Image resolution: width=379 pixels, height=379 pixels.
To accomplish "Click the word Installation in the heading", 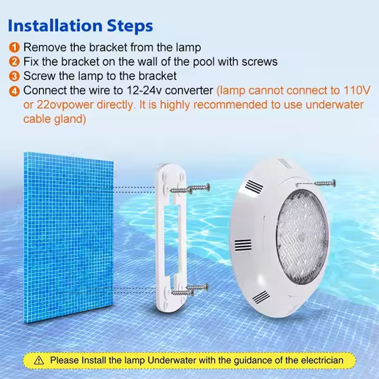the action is tap(55, 26).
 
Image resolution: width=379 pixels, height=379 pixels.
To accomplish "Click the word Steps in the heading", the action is tap(130, 26).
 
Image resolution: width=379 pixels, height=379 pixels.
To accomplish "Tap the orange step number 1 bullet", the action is tap(14, 47).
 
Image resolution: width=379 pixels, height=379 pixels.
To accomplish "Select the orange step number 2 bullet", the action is tap(14, 62).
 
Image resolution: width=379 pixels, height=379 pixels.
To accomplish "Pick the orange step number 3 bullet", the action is tap(14, 76).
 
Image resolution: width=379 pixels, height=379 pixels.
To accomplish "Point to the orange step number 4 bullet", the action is tap(14, 91).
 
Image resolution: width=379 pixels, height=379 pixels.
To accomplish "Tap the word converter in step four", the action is tap(189, 90).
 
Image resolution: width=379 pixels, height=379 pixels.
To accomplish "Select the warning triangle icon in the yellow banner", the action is tap(39, 361).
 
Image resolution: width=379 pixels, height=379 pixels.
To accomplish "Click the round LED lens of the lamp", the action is tap(302, 236).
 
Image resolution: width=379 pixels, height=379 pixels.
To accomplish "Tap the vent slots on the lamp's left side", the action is tap(243, 245).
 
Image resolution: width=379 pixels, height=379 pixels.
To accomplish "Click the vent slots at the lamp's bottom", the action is tap(261, 297).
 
